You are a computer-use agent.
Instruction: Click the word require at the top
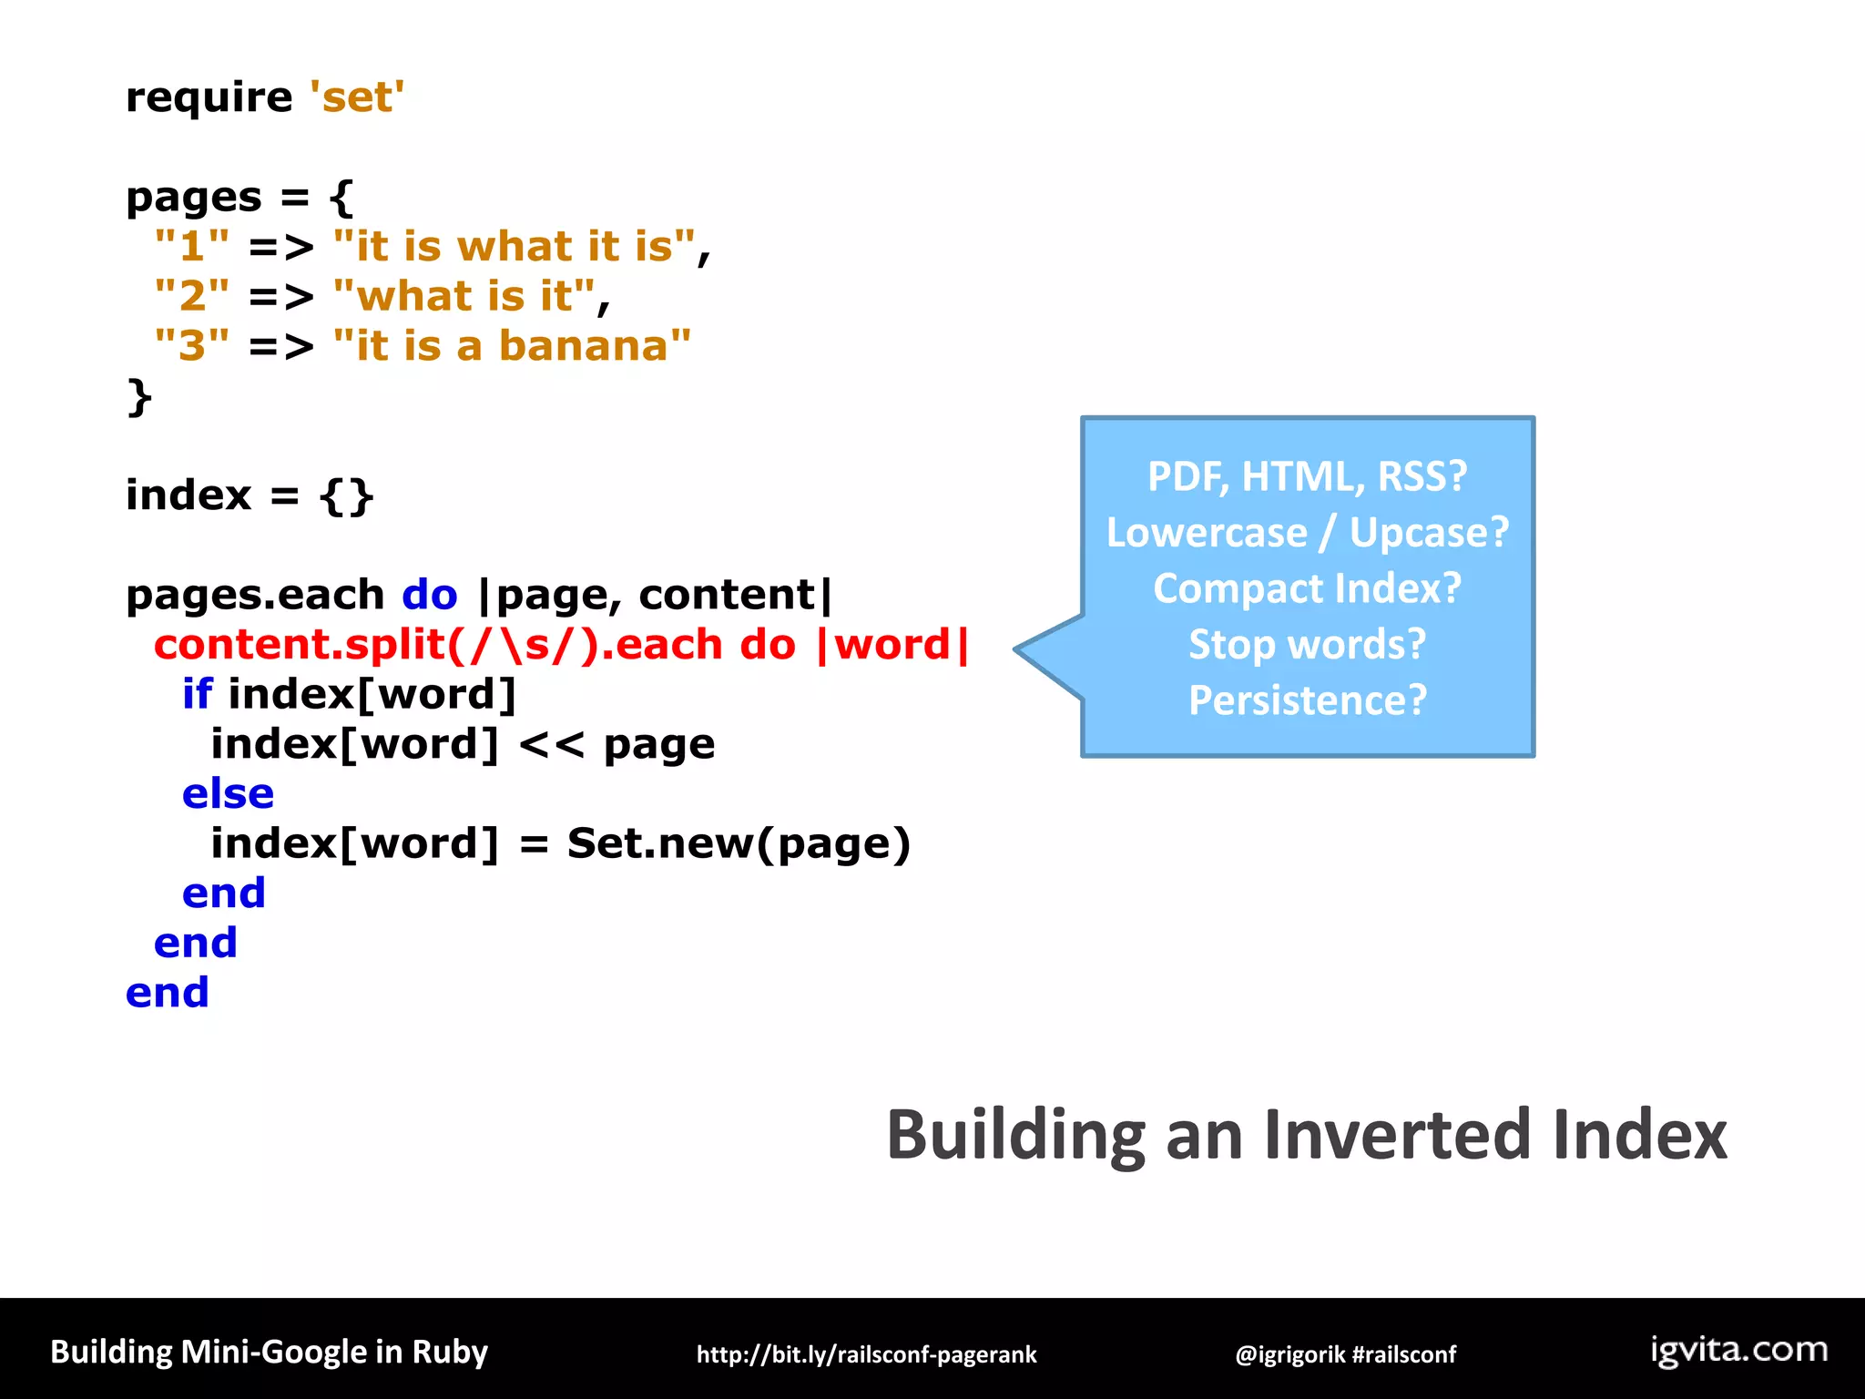point(209,97)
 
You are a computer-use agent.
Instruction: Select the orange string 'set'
point(356,97)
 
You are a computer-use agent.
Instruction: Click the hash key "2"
point(191,297)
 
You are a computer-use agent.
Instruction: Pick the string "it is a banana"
point(512,346)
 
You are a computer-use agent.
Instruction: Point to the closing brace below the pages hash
point(138,397)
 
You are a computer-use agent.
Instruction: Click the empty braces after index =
point(346,496)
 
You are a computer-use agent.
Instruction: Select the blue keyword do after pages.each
point(429,596)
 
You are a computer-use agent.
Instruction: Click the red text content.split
point(298,645)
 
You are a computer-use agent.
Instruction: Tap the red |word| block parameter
point(892,645)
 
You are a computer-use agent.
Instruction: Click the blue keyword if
point(197,694)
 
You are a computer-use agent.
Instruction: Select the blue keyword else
point(228,794)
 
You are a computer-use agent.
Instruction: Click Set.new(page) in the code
point(738,843)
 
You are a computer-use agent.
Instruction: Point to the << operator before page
point(551,745)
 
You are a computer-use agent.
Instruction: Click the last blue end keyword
point(168,993)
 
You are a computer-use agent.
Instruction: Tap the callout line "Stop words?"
point(1307,645)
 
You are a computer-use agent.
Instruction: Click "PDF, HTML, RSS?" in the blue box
point(1307,476)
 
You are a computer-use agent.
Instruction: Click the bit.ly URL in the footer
point(866,1354)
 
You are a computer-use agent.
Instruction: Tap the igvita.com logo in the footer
point(1738,1350)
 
